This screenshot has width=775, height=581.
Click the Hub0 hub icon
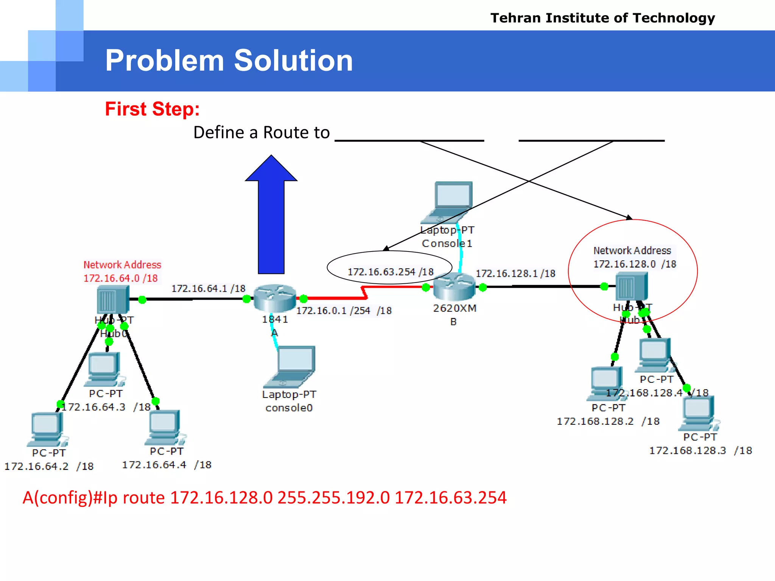112,299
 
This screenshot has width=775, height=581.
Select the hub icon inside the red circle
631,286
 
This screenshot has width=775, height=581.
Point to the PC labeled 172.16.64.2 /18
47,429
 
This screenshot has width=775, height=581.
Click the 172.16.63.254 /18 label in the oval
391,272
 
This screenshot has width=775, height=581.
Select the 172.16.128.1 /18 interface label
515,273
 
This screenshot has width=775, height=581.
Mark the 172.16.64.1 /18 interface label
208,289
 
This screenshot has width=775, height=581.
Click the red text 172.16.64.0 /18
120,278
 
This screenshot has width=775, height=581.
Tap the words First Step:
152,109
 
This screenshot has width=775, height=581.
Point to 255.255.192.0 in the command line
333,497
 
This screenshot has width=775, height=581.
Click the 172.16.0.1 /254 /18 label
344,311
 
